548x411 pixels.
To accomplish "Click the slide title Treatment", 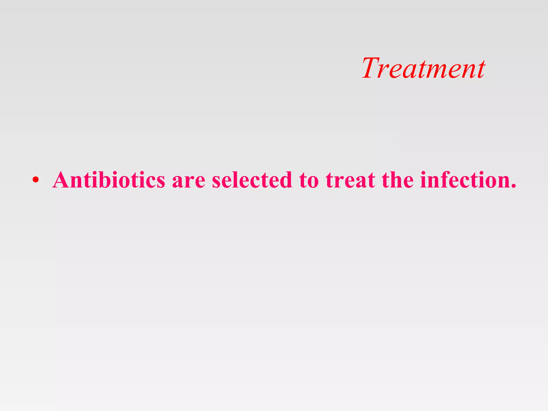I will pos(423,68).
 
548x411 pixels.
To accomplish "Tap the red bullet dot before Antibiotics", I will pos(36,180).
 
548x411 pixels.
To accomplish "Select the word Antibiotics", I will pos(109,180).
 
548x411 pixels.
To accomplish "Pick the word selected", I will pos(252,180).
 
